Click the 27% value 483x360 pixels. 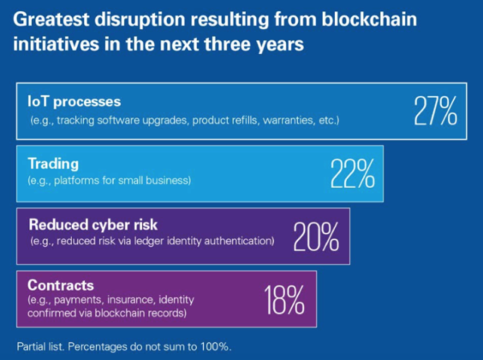434,111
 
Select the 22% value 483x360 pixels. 353,174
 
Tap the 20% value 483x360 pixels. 317,237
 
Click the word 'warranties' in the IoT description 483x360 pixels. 290,120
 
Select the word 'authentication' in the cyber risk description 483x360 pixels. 235,243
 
